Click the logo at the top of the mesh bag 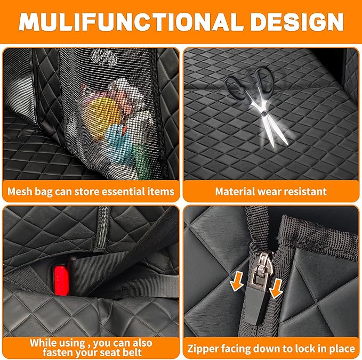coord(101,55)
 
